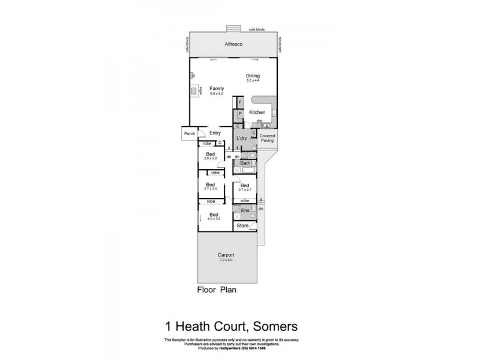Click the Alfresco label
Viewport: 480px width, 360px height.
click(x=233, y=44)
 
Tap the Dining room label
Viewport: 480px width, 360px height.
click(x=253, y=75)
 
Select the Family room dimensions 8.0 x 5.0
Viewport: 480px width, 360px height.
click(x=216, y=94)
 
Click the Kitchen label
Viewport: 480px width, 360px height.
click(x=257, y=112)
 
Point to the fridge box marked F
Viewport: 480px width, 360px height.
click(x=240, y=103)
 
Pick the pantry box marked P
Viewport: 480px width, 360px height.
click(x=240, y=113)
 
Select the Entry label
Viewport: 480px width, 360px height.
click(x=215, y=133)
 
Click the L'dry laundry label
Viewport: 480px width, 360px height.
click(x=242, y=139)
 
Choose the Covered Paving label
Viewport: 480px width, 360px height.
click(x=267, y=139)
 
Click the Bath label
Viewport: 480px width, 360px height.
click(x=245, y=163)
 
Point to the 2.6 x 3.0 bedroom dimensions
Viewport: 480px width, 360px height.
click(x=211, y=158)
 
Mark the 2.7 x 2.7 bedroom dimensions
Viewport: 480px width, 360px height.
click(x=244, y=190)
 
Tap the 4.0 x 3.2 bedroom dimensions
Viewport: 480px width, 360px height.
click(x=214, y=219)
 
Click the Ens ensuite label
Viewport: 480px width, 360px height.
click(x=245, y=211)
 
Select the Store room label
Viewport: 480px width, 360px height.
click(x=242, y=226)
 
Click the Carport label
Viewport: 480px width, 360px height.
click(x=226, y=256)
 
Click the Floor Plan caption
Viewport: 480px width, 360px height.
click(x=217, y=289)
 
